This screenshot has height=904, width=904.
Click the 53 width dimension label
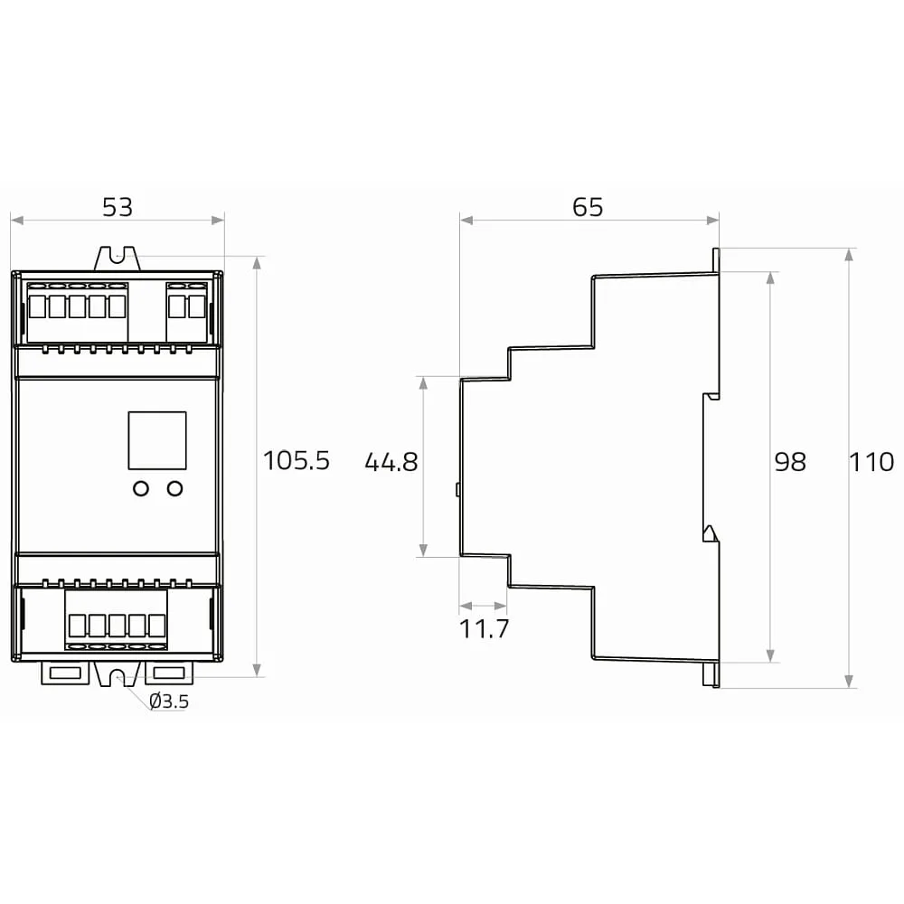(x=118, y=207)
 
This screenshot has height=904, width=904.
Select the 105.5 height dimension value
(x=297, y=461)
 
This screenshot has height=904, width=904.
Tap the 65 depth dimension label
(x=588, y=207)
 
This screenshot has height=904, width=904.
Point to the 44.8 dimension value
(x=391, y=462)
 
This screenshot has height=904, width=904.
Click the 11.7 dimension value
(x=484, y=629)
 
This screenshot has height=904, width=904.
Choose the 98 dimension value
(x=790, y=462)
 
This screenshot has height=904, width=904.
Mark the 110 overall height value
(x=871, y=462)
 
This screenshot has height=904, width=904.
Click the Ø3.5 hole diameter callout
(x=169, y=702)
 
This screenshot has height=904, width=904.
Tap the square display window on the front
(x=156, y=440)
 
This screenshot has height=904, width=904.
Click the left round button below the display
(x=141, y=488)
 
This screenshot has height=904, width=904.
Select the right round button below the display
(x=174, y=488)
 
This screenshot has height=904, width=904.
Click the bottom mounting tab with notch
(x=118, y=673)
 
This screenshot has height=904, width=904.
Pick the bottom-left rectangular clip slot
(x=65, y=673)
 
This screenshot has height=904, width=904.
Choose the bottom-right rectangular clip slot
(x=169, y=673)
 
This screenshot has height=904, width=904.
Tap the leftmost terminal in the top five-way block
(x=37, y=306)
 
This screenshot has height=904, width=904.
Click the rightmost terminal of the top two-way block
(x=196, y=306)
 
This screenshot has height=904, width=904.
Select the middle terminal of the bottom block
(x=117, y=625)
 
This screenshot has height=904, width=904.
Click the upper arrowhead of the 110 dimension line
(x=849, y=255)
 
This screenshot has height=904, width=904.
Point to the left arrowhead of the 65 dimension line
(x=466, y=220)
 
